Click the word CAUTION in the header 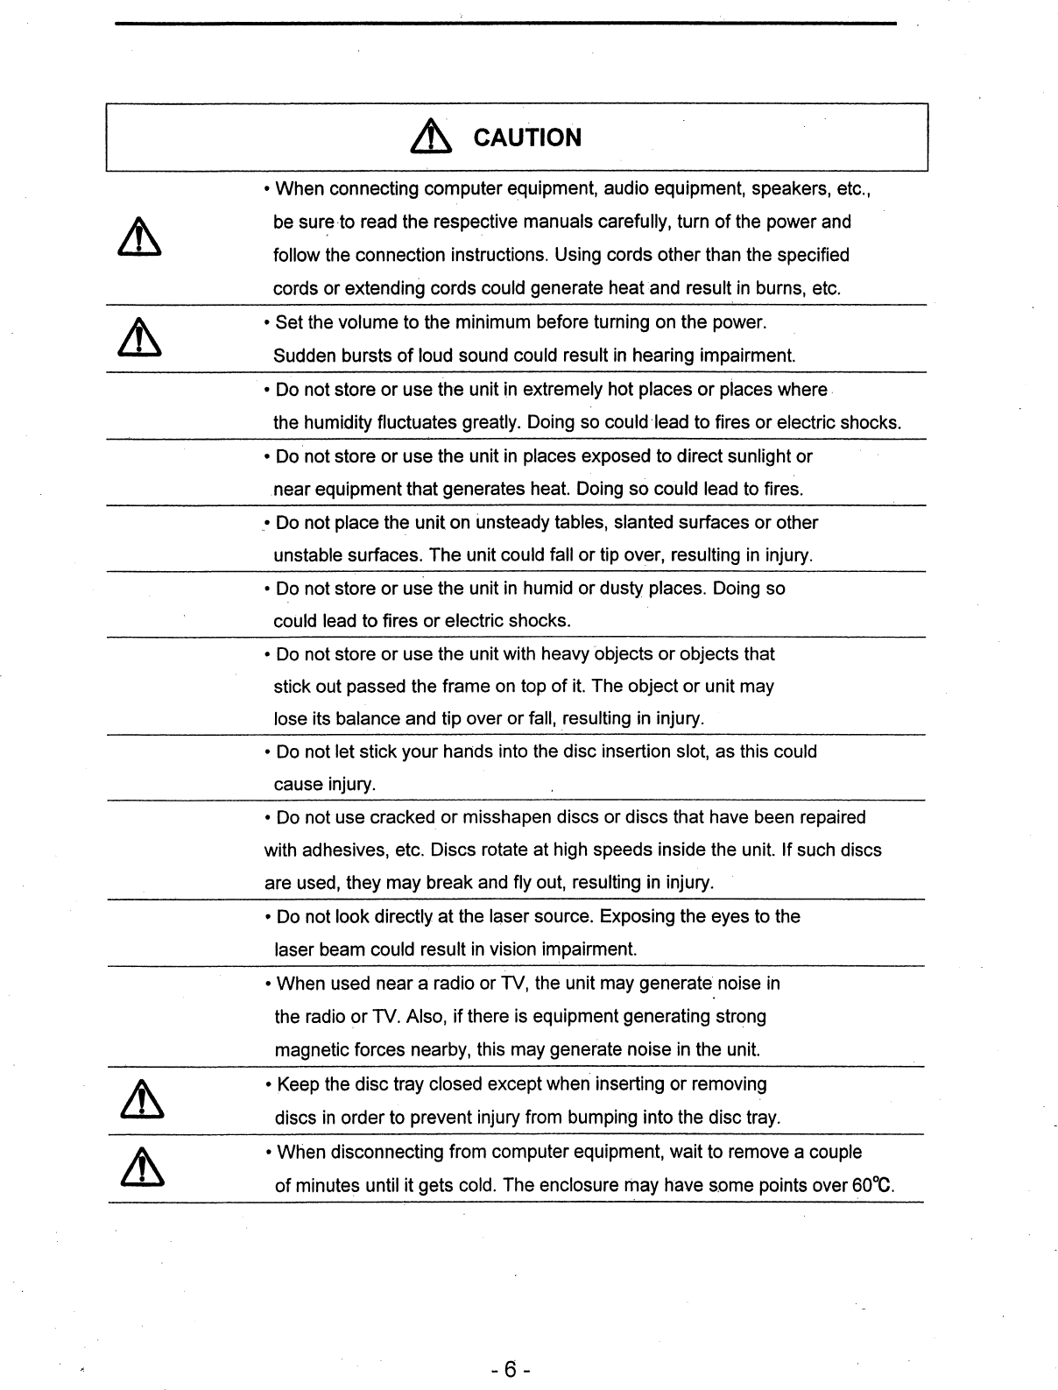tap(526, 138)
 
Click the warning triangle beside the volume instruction tap(142, 338)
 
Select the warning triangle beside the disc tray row tap(142, 1100)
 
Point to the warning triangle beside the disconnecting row tap(142, 1168)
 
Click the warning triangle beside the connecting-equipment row tap(142, 237)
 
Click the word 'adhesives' tap(345, 850)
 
